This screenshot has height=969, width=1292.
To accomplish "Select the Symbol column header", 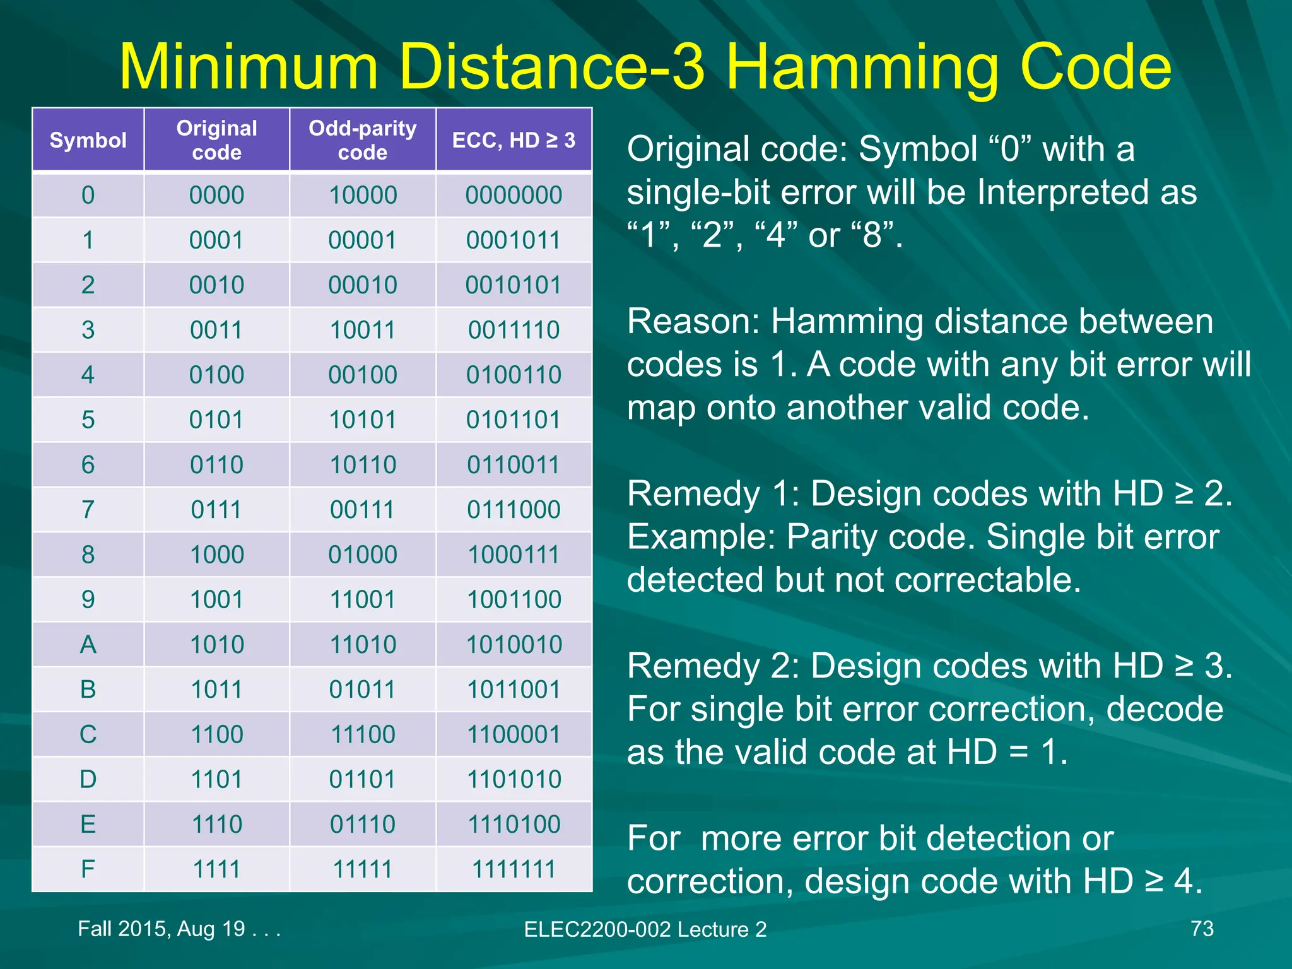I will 88,140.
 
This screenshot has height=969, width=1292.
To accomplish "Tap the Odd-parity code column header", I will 363,140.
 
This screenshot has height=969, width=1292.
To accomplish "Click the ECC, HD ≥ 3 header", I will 514,140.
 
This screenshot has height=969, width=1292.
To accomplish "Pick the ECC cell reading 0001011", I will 514,240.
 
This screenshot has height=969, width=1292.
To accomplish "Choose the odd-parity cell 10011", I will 363,330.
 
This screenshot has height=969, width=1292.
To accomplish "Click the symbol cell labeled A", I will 88,644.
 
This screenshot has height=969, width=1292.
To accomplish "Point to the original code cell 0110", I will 216,465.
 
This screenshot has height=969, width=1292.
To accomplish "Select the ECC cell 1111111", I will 514,869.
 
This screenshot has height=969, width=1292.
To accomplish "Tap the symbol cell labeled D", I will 88,779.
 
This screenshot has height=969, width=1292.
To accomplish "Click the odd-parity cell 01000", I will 363,555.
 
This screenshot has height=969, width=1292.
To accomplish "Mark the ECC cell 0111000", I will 514,510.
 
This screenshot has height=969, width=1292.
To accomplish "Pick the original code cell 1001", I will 216,599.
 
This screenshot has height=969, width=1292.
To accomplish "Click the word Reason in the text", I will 692,322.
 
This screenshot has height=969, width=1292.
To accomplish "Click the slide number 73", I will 1202,929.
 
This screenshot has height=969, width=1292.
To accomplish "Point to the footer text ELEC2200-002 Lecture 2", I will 645,929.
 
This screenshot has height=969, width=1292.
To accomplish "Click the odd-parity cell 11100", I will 363,734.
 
